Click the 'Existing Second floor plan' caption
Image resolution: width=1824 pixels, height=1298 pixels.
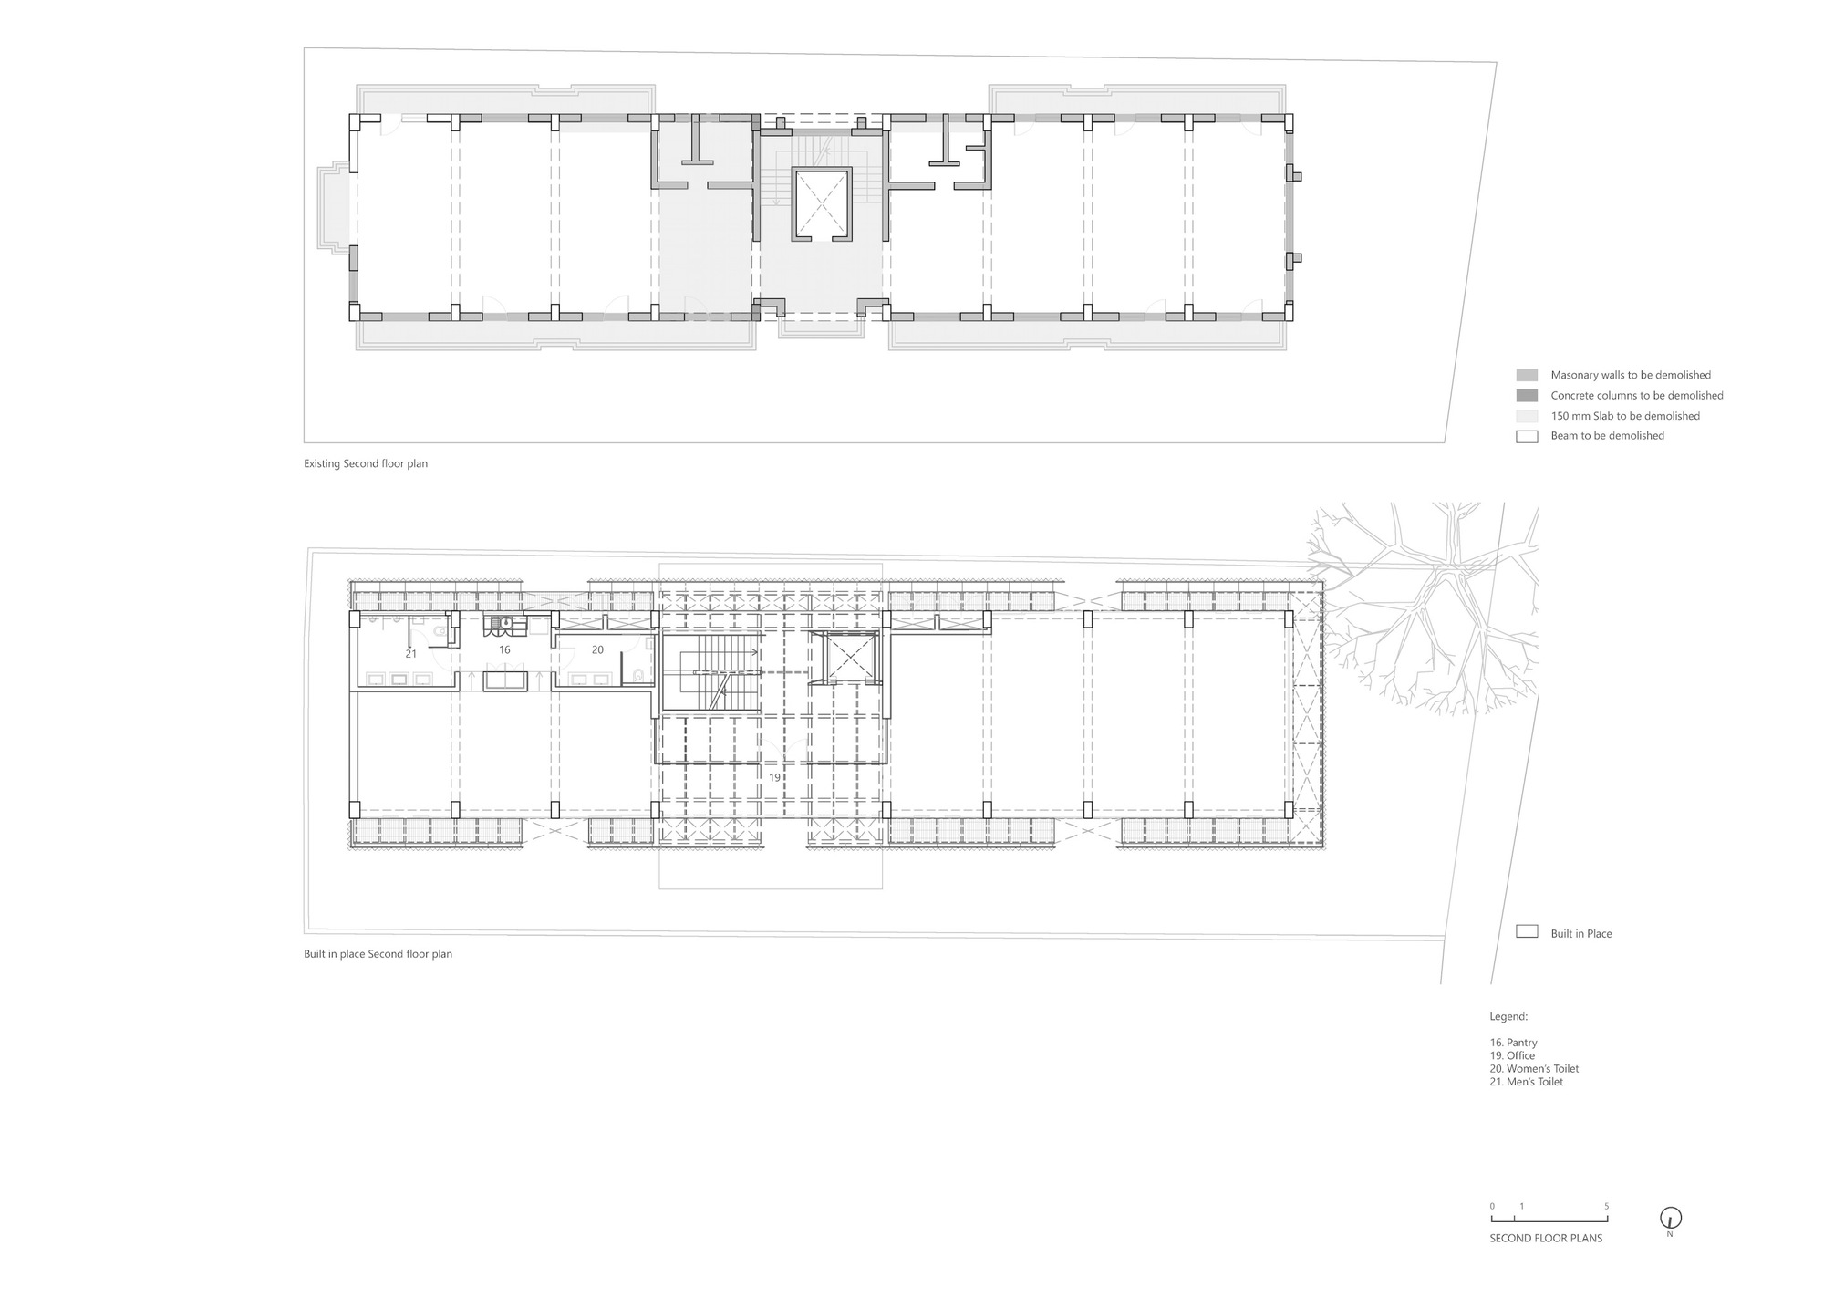point(366,463)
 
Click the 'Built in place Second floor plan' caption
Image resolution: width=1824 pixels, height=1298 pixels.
point(378,954)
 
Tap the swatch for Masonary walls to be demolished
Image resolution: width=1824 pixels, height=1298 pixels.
point(1527,375)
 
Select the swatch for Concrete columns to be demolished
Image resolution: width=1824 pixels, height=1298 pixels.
point(1527,396)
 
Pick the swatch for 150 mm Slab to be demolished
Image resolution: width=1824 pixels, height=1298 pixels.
point(1527,416)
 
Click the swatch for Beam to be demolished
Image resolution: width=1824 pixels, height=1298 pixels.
point(1527,436)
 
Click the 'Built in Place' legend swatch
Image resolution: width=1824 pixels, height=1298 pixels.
point(1527,932)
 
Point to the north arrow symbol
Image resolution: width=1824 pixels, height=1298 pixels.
point(1670,1219)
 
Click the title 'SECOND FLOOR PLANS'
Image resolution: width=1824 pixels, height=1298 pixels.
point(1546,1239)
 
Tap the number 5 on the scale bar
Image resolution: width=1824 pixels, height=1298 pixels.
point(1606,1206)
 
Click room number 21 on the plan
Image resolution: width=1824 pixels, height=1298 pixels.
point(411,654)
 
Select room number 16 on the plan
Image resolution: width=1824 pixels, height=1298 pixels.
point(504,650)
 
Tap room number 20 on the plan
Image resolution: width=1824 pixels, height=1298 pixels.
point(597,650)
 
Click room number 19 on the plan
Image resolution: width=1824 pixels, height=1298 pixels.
point(774,778)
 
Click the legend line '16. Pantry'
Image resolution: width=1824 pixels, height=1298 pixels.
point(1513,1043)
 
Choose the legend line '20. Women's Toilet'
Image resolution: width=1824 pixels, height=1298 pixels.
point(1534,1069)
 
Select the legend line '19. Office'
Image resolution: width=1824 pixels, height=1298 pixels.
point(1512,1055)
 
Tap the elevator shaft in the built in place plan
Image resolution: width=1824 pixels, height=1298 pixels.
point(848,657)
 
